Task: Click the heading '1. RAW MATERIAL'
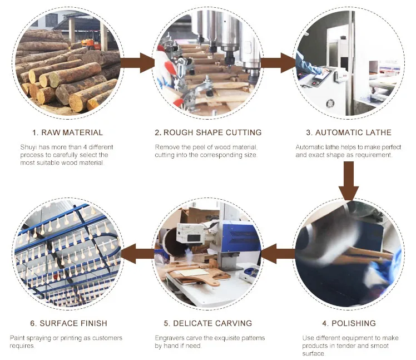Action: pyautogui.click(x=67, y=132)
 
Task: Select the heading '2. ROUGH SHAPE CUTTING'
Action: pyautogui.click(x=208, y=132)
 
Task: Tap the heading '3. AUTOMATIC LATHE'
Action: pyautogui.click(x=349, y=132)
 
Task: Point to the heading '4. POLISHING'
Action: pyautogui.click(x=349, y=323)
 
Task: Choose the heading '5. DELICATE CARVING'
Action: pyautogui.click(x=208, y=323)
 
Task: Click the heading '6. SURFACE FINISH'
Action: pyautogui.click(x=68, y=323)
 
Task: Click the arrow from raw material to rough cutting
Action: pyautogui.click(x=138, y=63)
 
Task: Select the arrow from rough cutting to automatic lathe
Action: pyautogui.click(x=279, y=63)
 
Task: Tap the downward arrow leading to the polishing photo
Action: pyautogui.click(x=349, y=181)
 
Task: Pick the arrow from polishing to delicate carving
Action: pyautogui.click(x=278, y=254)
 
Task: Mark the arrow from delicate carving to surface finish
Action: pyautogui.click(x=137, y=254)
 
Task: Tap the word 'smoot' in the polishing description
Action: pyautogui.click(x=379, y=346)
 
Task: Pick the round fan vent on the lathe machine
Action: pyautogui.click(x=330, y=103)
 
